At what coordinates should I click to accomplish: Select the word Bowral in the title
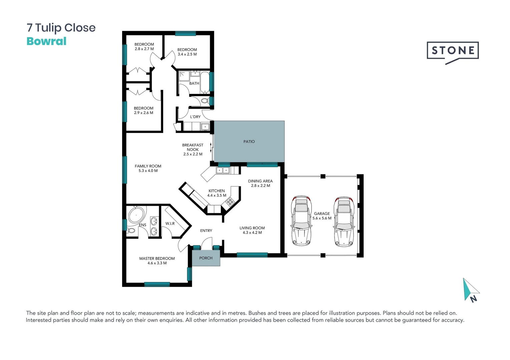(46, 41)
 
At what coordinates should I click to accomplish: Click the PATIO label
(249, 142)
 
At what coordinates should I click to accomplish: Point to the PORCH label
(206, 258)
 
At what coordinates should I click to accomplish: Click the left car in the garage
(302, 221)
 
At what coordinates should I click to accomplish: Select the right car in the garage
(344, 221)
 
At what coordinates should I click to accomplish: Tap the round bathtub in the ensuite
(136, 215)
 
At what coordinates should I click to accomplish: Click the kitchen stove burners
(230, 201)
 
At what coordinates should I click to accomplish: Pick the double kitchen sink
(223, 171)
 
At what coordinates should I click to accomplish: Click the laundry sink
(205, 127)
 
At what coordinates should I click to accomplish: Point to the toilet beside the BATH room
(205, 101)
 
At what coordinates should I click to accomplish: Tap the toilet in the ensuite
(131, 231)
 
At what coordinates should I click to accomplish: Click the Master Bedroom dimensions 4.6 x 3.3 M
(157, 263)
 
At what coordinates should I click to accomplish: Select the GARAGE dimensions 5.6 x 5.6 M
(322, 218)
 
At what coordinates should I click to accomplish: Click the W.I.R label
(170, 224)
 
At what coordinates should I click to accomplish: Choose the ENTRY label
(206, 231)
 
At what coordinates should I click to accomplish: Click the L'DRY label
(195, 117)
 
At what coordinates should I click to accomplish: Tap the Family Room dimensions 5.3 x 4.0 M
(148, 171)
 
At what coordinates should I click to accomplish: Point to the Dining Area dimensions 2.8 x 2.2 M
(261, 186)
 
